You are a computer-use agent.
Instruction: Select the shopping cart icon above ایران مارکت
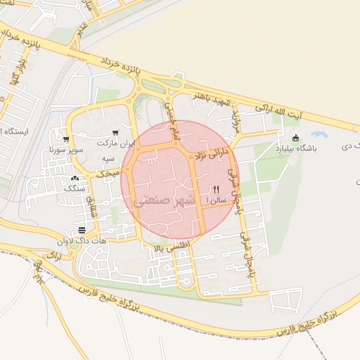[115, 131]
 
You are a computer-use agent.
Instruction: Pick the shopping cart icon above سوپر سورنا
[66, 139]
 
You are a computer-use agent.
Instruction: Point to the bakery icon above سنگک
[75, 179]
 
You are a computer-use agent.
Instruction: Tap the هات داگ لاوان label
[82, 241]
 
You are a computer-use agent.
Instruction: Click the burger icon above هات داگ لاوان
[82, 231]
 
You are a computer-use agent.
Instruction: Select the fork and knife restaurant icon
[216, 189]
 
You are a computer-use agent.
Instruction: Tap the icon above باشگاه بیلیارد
[295, 137]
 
